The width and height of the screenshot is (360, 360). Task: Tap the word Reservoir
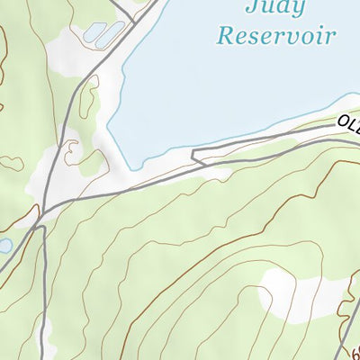click(276, 37)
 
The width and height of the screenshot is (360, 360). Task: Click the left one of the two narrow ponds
click(94, 32)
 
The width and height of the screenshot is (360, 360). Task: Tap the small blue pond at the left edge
click(4, 245)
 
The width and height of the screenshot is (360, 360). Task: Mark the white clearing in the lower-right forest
click(290, 292)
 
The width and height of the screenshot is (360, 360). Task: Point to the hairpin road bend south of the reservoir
click(193, 157)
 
